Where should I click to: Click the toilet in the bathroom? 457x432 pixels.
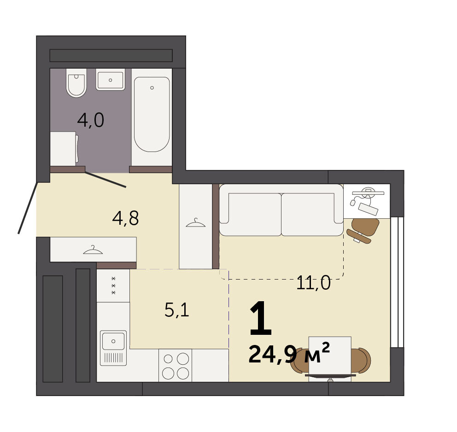[76, 83]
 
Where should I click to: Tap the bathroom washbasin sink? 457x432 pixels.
[110, 80]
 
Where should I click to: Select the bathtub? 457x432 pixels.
[152, 114]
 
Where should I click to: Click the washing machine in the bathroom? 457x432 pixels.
[64, 149]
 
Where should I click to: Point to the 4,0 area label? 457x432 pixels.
[91, 120]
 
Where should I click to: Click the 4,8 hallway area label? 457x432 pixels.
[125, 218]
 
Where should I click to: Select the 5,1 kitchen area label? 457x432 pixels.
[177, 309]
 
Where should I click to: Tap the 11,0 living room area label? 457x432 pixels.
[313, 283]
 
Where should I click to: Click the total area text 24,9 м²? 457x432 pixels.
[289, 353]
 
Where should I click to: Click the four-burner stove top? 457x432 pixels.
[176, 365]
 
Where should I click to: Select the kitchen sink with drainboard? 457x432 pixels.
[113, 348]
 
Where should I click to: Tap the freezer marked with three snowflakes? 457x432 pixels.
[113, 286]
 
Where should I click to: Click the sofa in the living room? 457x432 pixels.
[281, 210]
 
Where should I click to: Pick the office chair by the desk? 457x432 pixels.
[363, 231]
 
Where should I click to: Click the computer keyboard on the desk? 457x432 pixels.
[368, 209]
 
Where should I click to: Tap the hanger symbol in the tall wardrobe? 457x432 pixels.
[196, 223]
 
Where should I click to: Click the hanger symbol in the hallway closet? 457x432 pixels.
[93, 250]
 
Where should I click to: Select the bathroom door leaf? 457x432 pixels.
[105, 180]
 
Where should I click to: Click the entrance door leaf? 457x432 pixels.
[28, 208]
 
